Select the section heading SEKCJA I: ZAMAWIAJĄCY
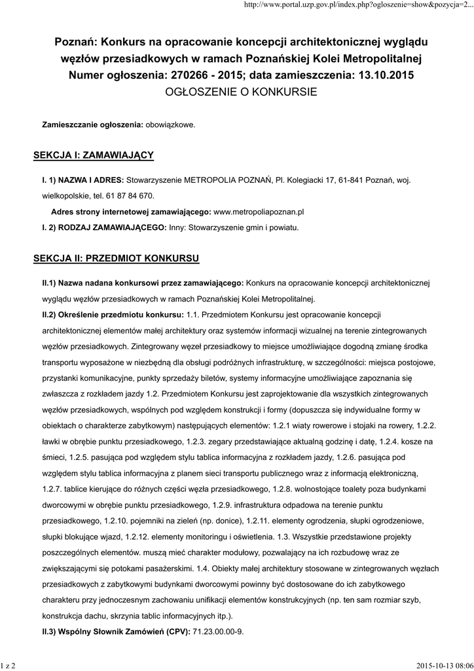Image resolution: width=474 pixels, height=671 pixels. click(x=93, y=155)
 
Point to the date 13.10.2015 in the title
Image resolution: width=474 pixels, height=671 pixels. click(x=386, y=75)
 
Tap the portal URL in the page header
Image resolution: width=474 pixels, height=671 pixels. click(x=357, y=5)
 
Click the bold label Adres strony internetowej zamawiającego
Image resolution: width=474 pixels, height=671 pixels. click(x=131, y=212)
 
